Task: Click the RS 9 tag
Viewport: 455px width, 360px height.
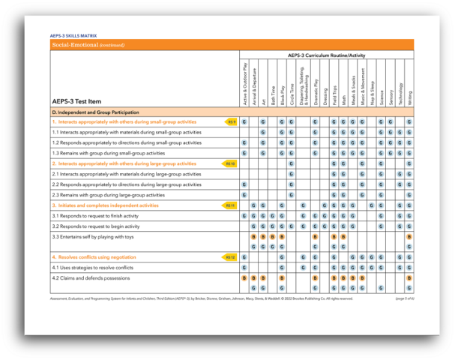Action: pyautogui.click(x=231, y=121)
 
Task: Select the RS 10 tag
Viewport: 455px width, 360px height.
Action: pyautogui.click(x=229, y=163)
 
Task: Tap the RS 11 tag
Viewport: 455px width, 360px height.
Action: pyautogui.click(x=229, y=205)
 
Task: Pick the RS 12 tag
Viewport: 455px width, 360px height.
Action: pyautogui.click(x=229, y=257)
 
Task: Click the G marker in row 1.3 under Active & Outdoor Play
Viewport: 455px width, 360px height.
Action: pyautogui.click(x=244, y=152)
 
